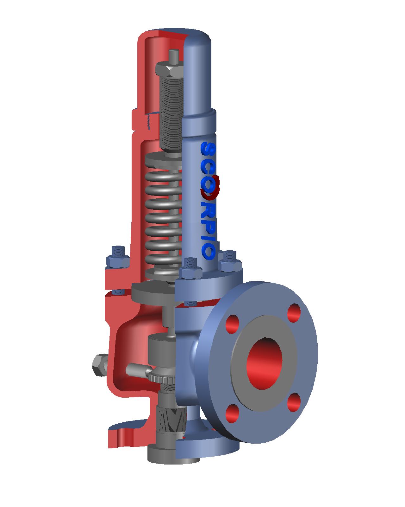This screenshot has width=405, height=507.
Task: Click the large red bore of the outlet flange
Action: (x=265, y=363)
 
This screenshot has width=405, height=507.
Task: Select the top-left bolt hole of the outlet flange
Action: (x=234, y=324)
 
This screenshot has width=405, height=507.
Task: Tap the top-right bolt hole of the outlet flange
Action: (x=295, y=312)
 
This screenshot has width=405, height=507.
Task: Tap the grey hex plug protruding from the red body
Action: (x=99, y=365)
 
